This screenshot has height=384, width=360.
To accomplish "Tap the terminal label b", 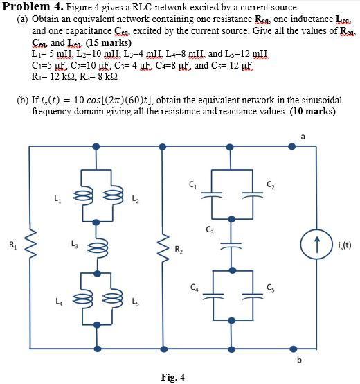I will (x=300, y=359).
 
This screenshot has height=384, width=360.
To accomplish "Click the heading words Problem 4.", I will (x=33, y=6).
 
